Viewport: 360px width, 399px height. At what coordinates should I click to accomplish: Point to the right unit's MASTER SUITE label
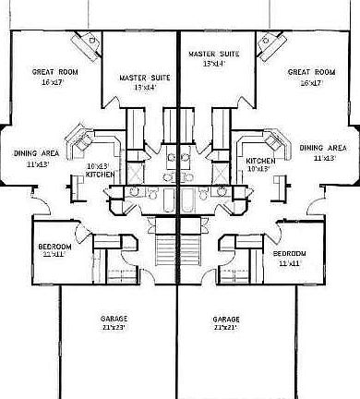pyautogui.click(x=214, y=54)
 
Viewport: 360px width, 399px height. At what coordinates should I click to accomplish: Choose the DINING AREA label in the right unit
pyautogui.click(x=323, y=147)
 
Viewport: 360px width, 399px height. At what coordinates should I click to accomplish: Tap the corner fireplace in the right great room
pyautogui.click(x=270, y=42)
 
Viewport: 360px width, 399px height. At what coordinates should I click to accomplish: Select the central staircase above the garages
pyautogui.click(x=167, y=252)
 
